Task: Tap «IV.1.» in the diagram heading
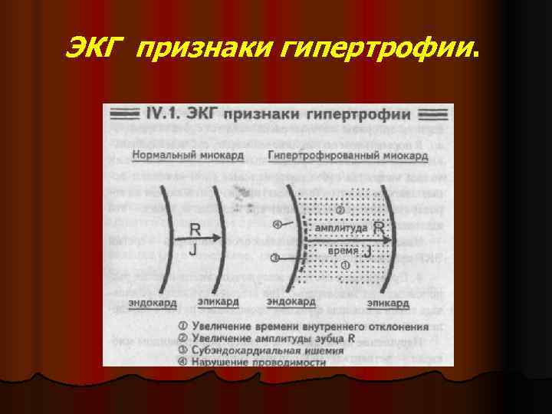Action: tap(160, 114)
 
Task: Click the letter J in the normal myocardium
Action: tap(195, 248)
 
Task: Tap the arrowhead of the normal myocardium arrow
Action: tap(223, 238)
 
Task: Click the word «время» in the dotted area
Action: tap(342, 251)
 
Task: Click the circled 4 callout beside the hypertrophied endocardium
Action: tap(278, 225)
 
